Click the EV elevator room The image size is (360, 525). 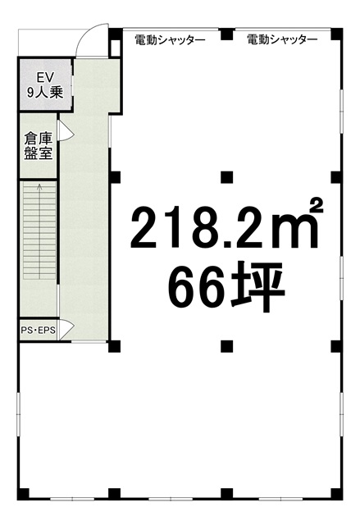[x=45, y=84]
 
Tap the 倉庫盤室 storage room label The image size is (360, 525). [x=39, y=146]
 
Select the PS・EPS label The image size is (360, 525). [x=39, y=330]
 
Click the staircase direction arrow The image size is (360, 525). [x=40, y=231]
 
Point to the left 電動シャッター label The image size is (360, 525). [x=170, y=40]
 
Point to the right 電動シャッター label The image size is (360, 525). [x=282, y=40]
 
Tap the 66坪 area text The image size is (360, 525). [x=226, y=287]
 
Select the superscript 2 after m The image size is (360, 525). [x=316, y=206]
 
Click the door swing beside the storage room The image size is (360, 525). [x=66, y=130]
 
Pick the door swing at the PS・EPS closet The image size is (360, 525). [x=66, y=330]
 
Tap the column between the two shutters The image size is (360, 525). [x=227, y=34]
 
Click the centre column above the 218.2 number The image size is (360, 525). [x=227, y=177]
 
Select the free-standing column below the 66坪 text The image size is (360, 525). [x=227, y=346]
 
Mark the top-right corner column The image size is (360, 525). [x=336, y=34]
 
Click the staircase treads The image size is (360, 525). [x=39, y=231]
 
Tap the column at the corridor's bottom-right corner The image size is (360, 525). [x=114, y=346]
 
